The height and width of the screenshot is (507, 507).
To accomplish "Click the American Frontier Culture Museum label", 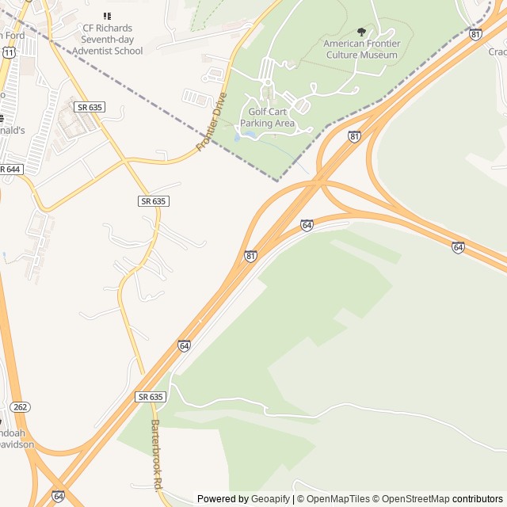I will [x=360, y=49].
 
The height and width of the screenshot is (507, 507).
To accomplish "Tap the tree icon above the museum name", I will [x=362, y=32].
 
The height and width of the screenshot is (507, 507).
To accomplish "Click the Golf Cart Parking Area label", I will [x=267, y=117].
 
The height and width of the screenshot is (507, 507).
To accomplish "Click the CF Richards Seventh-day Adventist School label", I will [x=108, y=39].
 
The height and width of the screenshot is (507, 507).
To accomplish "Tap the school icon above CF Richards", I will [x=108, y=16].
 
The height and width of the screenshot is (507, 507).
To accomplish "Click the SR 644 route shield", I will [x=10, y=170].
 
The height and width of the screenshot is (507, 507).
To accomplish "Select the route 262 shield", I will [x=21, y=407].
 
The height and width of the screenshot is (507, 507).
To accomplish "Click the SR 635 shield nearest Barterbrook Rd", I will [x=150, y=396].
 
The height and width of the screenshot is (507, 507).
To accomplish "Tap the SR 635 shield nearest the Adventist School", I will [x=90, y=106].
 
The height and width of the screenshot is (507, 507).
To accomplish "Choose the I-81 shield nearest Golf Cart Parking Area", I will [x=354, y=136].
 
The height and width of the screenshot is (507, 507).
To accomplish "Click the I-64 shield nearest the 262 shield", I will [x=58, y=496].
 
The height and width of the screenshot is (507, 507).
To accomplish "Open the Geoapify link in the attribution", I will [x=270, y=499].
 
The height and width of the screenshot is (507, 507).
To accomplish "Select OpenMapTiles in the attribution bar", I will [x=338, y=499].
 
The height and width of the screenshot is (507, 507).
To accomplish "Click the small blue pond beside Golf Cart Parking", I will [x=250, y=135].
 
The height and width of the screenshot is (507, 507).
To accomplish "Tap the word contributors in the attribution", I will [x=478, y=499].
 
